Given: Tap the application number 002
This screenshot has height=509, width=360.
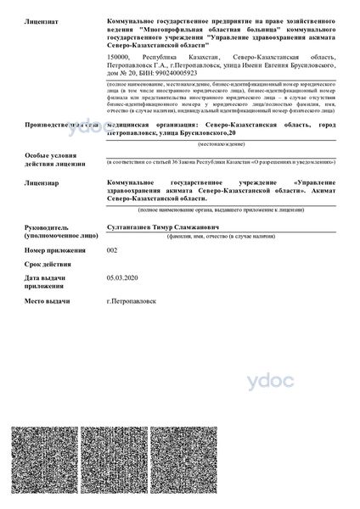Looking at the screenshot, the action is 112,251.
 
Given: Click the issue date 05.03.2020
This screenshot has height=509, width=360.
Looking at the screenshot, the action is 122,277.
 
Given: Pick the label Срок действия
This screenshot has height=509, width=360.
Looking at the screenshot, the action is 45,265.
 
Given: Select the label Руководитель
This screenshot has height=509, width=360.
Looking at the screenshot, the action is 47,227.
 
